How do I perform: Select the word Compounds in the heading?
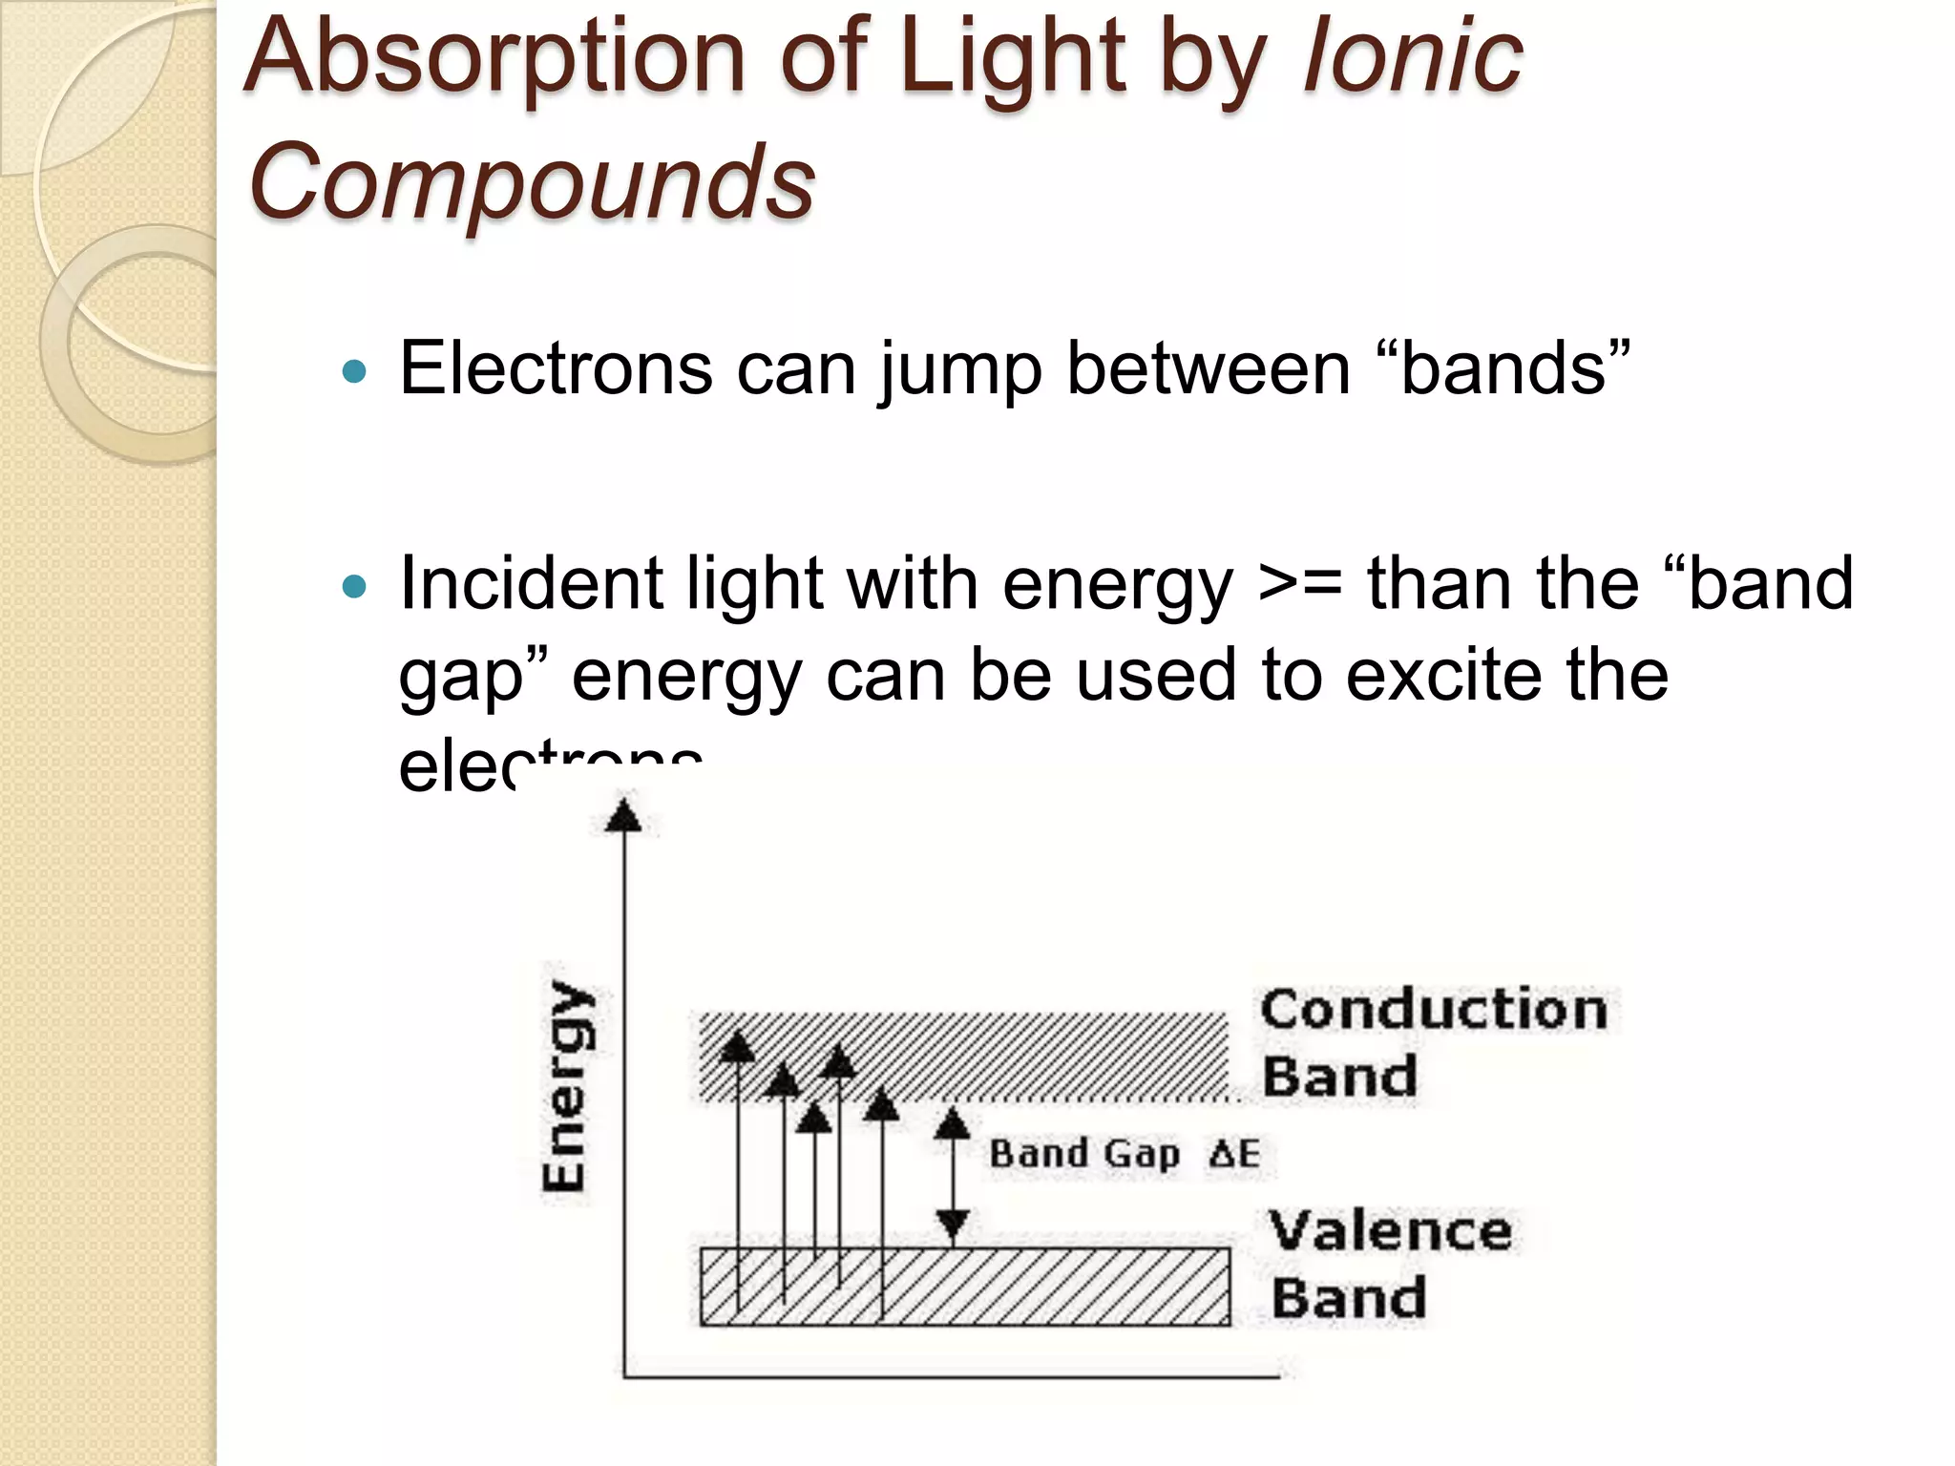(x=531, y=179)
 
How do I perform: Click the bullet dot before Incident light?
(x=354, y=585)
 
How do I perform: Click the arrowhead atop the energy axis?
(x=623, y=816)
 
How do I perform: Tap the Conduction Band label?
(x=1432, y=1042)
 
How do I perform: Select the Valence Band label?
(x=1390, y=1265)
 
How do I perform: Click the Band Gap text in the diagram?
(x=1084, y=1153)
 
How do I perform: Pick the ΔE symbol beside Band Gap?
(x=1234, y=1153)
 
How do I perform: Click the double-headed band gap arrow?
(x=952, y=1176)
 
